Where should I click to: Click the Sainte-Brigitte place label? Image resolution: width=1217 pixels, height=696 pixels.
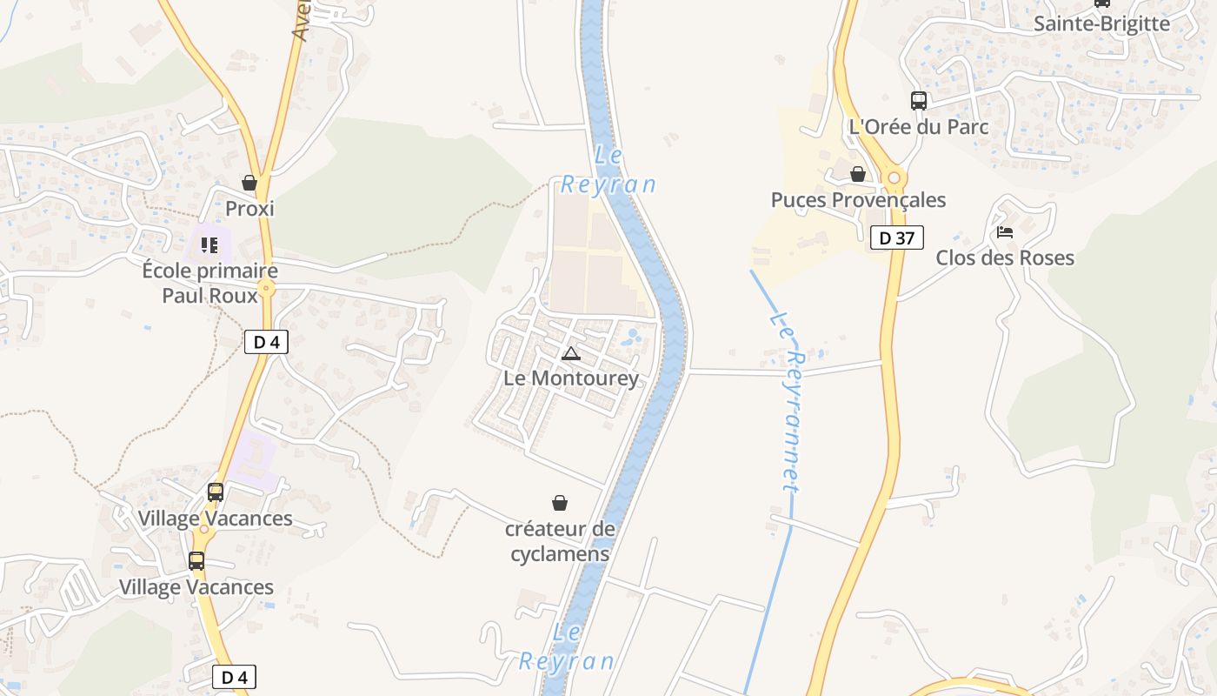click(x=1101, y=23)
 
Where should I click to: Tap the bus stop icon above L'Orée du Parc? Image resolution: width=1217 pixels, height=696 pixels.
click(x=919, y=100)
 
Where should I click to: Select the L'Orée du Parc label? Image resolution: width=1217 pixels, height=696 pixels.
click(x=919, y=126)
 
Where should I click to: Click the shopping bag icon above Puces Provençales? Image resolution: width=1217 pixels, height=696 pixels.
click(x=858, y=174)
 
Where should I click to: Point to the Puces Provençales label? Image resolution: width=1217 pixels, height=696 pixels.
click(x=858, y=200)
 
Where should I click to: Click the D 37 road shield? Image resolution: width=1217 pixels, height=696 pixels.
click(x=896, y=238)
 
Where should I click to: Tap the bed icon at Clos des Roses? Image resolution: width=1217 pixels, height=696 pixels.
click(x=1005, y=232)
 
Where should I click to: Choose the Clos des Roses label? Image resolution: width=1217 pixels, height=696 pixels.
click(x=1005, y=258)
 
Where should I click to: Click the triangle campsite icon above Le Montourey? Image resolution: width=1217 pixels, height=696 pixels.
click(x=570, y=353)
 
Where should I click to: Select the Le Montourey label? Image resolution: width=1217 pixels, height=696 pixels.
click(x=571, y=378)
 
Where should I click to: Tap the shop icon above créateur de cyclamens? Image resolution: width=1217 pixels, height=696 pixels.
click(x=560, y=503)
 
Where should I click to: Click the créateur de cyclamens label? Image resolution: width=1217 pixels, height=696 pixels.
click(x=560, y=541)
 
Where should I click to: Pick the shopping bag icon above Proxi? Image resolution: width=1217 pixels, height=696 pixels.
click(x=249, y=183)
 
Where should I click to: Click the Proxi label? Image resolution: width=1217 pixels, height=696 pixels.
click(x=249, y=209)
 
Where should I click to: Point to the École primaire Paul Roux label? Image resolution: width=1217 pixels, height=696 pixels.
click(x=209, y=283)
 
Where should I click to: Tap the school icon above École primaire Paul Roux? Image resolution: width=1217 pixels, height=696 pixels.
click(x=209, y=245)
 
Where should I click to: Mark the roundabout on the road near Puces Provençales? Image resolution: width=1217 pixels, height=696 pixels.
click(x=893, y=178)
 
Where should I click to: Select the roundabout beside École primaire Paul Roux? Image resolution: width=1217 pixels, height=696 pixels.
click(x=267, y=289)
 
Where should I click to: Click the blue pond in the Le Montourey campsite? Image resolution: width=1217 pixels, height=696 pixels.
click(x=634, y=335)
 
